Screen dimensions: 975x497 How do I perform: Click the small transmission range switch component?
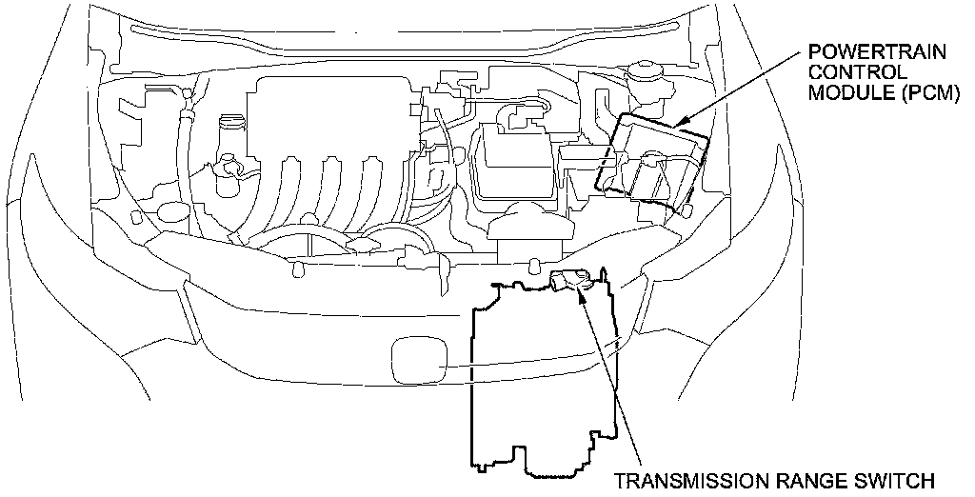coord(569,279)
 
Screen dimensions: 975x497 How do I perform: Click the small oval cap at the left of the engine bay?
coord(172,211)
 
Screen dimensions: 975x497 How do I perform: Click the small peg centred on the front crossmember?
coord(536,264)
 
